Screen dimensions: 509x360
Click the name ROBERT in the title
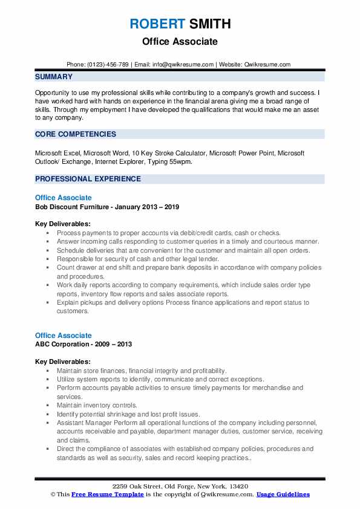click(157, 24)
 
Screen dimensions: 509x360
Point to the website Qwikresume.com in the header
click(267, 64)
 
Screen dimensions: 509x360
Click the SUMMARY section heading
click(54, 77)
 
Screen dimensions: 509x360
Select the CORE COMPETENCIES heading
click(76, 134)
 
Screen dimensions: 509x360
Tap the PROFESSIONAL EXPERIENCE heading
click(88, 179)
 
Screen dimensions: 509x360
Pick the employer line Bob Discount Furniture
click(106, 207)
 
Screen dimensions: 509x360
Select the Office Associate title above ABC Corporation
click(64, 336)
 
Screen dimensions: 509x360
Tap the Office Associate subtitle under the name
click(180, 42)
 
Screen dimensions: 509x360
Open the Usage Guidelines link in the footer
click(283, 494)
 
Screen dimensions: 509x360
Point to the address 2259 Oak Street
click(151, 487)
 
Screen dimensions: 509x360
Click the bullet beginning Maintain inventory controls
click(97, 405)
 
